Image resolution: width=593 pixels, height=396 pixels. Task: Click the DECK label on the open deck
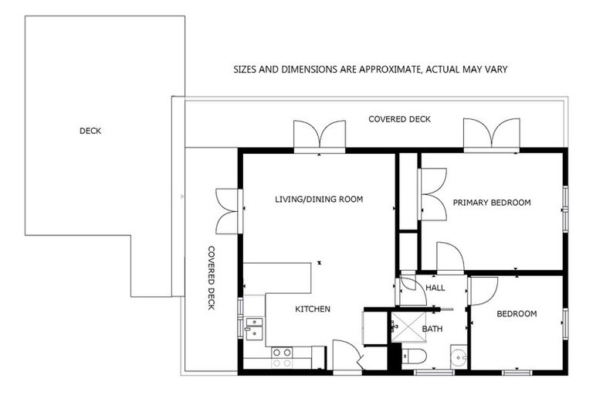pos(90,131)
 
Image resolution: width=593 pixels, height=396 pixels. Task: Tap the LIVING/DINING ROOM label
pos(319,200)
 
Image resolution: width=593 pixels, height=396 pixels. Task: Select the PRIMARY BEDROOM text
pos(492,203)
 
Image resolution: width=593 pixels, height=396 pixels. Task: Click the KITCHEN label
pos(313,309)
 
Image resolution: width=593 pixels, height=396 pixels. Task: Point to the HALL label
pos(435,288)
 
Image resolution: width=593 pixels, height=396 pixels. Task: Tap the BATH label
pos(432,329)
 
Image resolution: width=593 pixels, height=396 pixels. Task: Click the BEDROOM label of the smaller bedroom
pos(517,314)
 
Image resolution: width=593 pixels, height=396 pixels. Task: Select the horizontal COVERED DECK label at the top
pos(399,119)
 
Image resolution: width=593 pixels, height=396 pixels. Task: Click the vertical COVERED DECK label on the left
pos(211,278)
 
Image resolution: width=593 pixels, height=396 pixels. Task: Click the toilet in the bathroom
pos(415,358)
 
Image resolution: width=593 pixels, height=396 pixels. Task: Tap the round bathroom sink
pos(459,358)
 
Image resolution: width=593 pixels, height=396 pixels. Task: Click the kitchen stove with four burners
pos(282,357)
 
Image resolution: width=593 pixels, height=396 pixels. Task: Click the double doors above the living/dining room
pos(319,135)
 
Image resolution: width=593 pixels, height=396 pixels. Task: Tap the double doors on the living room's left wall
pos(229,210)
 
